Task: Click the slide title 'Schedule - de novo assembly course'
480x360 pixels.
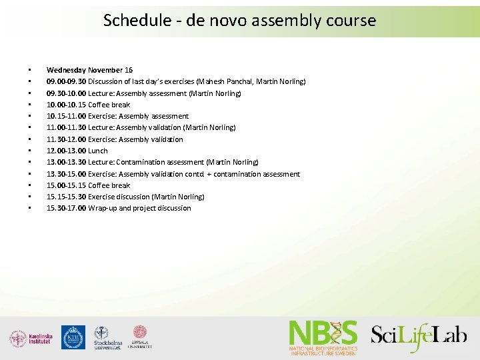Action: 239,20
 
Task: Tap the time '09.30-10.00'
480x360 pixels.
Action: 66,93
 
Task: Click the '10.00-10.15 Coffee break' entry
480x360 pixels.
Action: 88,105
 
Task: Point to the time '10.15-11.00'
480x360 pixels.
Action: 66,116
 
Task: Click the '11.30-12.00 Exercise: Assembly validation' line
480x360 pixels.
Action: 115,139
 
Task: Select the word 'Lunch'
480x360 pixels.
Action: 98,151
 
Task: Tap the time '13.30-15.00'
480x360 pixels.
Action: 66,174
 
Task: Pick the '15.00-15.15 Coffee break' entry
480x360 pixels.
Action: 88,185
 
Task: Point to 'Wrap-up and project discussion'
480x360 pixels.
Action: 139,208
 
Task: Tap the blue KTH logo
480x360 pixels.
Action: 73,337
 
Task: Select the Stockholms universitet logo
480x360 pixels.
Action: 107,338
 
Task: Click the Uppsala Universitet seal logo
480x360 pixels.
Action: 140,337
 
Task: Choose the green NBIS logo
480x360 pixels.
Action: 323,337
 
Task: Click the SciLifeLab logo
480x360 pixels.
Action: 419,336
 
